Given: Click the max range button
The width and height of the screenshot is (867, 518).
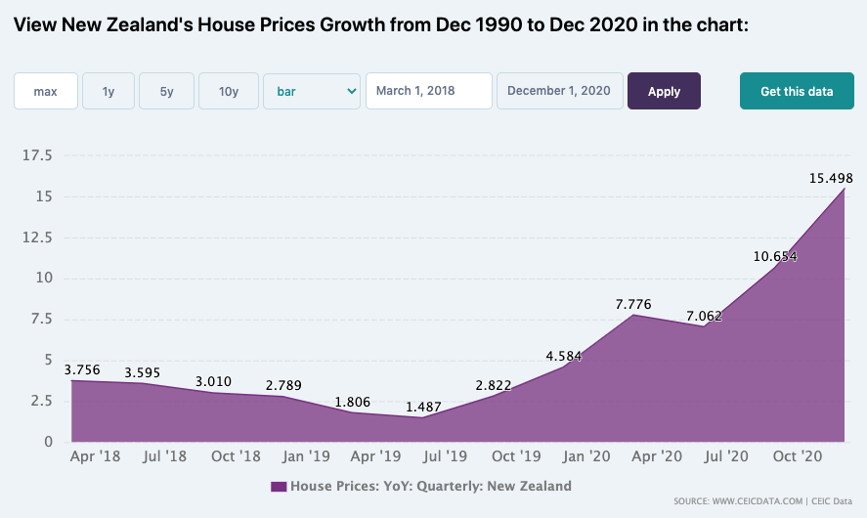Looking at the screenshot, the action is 45,91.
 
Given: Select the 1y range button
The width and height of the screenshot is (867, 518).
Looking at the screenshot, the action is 108,91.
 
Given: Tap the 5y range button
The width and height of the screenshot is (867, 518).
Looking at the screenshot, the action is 166,91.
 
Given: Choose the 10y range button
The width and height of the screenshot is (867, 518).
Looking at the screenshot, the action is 229,91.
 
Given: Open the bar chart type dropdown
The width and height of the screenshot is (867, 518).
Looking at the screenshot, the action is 312,91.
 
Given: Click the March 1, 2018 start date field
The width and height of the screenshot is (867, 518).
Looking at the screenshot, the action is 428,91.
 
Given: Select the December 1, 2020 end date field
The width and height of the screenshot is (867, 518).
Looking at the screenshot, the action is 559,91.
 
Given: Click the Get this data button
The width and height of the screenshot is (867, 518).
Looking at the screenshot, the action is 797,91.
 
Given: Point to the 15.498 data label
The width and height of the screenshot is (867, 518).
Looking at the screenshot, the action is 831,178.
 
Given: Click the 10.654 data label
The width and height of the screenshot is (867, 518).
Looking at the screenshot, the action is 775,256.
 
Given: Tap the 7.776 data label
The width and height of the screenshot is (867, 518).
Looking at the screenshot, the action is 633,304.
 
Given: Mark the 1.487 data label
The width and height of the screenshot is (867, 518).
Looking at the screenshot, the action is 423,407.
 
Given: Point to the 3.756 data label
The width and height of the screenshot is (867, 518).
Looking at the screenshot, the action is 82,369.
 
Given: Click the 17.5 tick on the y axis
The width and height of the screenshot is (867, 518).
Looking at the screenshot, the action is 37,155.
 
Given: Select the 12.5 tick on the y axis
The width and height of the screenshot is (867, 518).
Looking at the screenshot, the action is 37,237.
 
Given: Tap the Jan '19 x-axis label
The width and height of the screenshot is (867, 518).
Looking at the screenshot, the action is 306,456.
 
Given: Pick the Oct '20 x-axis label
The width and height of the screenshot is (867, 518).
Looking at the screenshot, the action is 798,456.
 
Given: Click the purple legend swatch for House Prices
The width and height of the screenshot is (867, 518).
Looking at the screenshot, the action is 279,487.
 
